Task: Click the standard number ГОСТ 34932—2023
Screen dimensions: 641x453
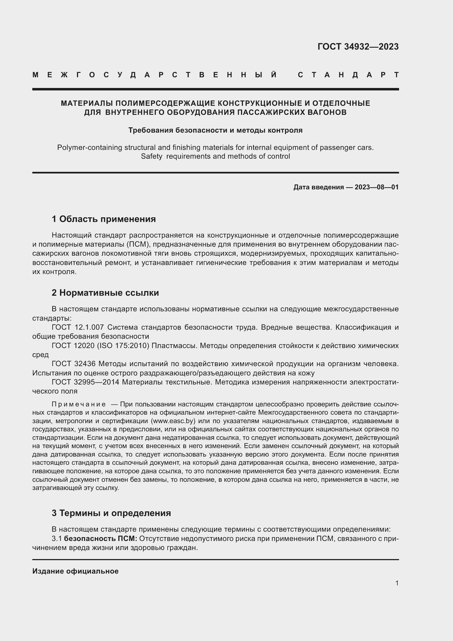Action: click(358, 47)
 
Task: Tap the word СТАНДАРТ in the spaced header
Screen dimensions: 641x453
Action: click(348, 75)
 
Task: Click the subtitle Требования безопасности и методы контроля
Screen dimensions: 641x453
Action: click(215, 130)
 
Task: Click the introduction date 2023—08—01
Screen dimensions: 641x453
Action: click(376, 187)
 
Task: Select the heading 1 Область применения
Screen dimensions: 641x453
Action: click(104, 219)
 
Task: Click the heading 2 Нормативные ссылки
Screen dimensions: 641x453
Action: click(105, 293)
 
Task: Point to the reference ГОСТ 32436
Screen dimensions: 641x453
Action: click(74, 364)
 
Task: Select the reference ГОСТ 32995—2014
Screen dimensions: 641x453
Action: click(85, 382)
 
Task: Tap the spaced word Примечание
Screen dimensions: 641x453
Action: click(79, 404)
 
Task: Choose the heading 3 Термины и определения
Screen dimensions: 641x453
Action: click(111, 513)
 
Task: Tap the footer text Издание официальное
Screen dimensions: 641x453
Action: click(75, 571)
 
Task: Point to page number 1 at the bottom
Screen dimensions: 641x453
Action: click(397, 583)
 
